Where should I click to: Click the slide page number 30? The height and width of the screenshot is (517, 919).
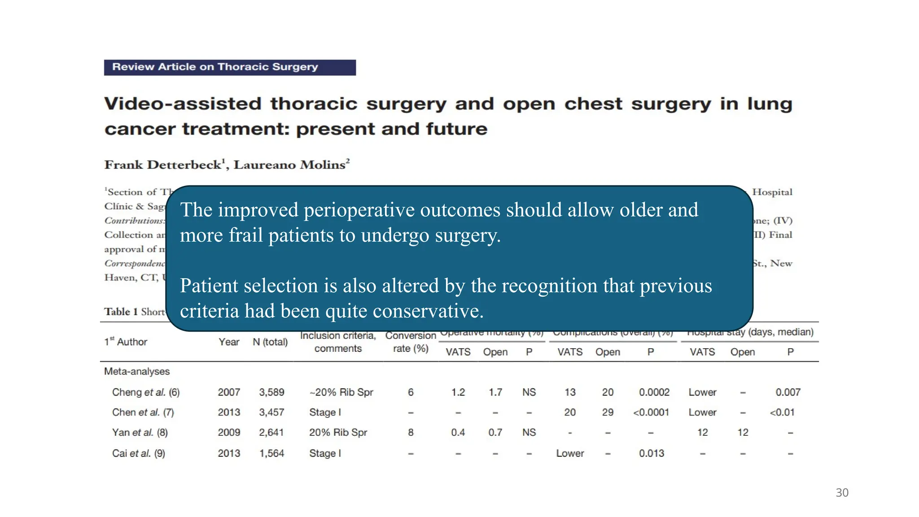click(x=842, y=493)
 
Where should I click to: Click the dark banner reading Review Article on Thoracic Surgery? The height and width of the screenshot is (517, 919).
click(x=230, y=67)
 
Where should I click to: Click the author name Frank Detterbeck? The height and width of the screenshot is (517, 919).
click(x=163, y=165)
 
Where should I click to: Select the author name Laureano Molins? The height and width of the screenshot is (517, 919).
click(x=289, y=165)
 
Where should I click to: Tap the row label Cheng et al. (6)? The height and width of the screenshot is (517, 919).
click(x=146, y=392)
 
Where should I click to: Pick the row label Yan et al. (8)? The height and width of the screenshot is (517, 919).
click(x=140, y=433)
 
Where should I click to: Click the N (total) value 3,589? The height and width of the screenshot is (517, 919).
click(x=271, y=392)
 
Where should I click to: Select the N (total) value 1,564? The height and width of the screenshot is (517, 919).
click(x=271, y=453)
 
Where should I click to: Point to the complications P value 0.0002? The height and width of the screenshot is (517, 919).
click(x=654, y=392)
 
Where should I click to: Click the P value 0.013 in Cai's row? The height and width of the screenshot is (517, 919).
click(x=651, y=453)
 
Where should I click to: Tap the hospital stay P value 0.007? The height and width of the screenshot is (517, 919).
click(x=788, y=392)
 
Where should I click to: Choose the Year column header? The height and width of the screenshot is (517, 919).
click(x=229, y=342)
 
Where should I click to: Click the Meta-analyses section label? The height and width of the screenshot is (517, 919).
click(x=137, y=372)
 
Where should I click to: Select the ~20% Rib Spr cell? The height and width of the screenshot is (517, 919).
click(x=341, y=392)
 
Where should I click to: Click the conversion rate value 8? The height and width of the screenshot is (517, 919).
click(x=411, y=433)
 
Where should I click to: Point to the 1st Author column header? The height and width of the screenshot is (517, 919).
click(x=126, y=342)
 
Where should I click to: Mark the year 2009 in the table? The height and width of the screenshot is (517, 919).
click(x=229, y=433)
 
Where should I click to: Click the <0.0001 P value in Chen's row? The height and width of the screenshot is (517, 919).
click(x=651, y=412)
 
